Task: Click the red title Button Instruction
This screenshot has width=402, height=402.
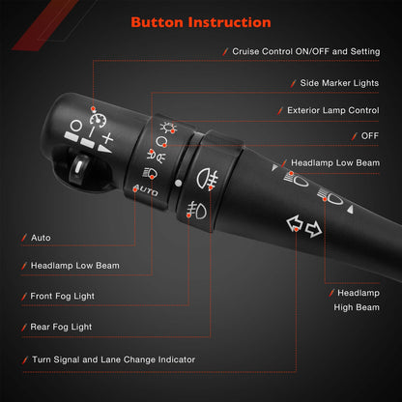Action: coord(201,22)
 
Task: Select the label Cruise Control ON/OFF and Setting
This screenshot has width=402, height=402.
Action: coord(306,51)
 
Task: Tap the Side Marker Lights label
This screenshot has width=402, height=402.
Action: coord(339,83)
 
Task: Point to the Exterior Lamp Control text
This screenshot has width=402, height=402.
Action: coord(333,110)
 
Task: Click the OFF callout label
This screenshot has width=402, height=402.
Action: coord(370,136)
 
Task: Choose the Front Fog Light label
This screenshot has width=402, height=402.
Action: coord(62,296)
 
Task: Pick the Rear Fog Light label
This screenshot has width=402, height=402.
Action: coord(61,327)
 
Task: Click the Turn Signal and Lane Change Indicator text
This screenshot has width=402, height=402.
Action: coord(113,359)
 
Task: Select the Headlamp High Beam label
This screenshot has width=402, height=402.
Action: coord(357,301)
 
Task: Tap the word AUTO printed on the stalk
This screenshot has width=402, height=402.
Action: coord(146,190)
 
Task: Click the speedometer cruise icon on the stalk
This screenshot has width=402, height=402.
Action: coord(99,120)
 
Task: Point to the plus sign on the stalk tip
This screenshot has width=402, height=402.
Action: coord(107,138)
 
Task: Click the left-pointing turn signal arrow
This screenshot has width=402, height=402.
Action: coord(294,223)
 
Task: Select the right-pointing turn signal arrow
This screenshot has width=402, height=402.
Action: coord(313,229)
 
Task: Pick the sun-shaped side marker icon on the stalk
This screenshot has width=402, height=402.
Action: coord(168,128)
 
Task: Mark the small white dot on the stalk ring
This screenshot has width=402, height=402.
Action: coord(178,184)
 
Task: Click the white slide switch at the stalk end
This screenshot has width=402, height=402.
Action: coord(78,166)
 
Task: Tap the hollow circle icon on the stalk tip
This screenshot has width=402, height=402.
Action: coord(76,126)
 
